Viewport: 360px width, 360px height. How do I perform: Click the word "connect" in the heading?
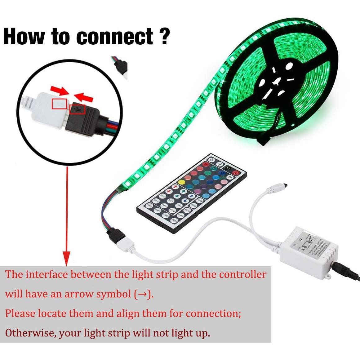click(x=114, y=37)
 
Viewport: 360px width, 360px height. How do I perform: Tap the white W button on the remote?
click(x=230, y=177)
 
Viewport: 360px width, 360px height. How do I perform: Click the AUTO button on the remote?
click(x=187, y=210)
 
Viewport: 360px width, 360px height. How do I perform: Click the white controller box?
click(x=308, y=251)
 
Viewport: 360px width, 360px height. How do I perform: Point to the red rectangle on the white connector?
click(x=59, y=104)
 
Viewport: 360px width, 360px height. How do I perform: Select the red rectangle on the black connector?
click(x=77, y=109)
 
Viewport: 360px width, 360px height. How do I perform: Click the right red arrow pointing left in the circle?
click(x=84, y=97)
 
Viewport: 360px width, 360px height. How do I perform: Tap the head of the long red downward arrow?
click(x=67, y=259)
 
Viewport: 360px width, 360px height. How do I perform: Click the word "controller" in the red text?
click(x=242, y=274)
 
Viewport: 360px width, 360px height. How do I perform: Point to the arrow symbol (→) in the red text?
click(x=142, y=294)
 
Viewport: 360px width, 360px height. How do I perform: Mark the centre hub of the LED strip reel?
click(x=276, y=83)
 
